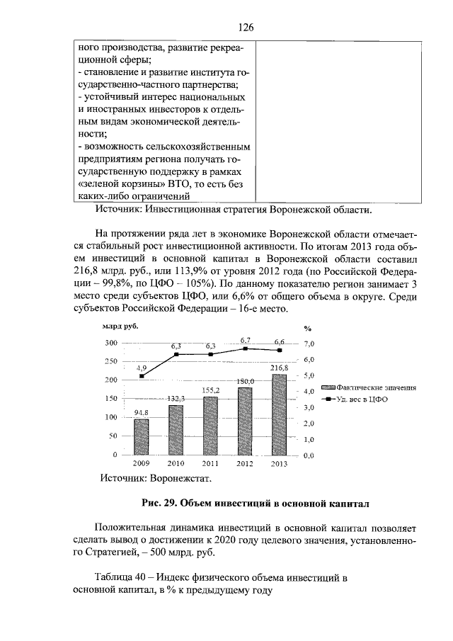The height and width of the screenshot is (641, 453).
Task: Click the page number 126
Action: pos(246,27)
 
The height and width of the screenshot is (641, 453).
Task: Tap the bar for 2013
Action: pos(280,414)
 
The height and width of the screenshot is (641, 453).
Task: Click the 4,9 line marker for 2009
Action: pos(142,376)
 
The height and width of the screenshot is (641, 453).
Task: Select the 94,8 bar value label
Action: pos(142,413)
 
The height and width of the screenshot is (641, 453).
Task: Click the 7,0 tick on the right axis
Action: pos(308,344)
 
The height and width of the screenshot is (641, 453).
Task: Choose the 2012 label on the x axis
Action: pos(245,464)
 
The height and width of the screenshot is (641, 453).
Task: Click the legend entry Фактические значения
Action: pos(371,387)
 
